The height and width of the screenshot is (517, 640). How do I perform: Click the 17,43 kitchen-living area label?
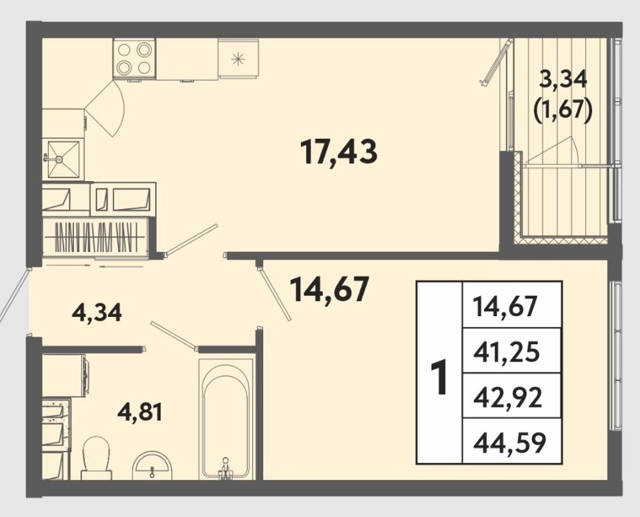click(x=338, y=152)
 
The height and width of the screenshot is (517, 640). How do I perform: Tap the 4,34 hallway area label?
click(x=97, y=313)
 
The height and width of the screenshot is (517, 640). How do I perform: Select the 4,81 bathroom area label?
click(x=140, y=412)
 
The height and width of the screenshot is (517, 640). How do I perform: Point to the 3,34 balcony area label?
click(x=563, y=79)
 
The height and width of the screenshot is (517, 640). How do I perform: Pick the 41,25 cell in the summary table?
click(x=506, y=352)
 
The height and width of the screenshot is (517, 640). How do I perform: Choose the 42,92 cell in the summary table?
click(x=508, y=397)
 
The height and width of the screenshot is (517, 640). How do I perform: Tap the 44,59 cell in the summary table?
click(x=509, y=442)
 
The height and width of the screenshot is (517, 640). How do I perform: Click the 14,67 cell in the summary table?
click(x=505, y=306)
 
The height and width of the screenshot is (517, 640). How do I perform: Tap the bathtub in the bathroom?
click(x=225, y=419)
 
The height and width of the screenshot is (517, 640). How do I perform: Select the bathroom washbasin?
click(x=152, y=465)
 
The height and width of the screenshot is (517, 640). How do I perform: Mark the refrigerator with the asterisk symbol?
click(x=239, y=58)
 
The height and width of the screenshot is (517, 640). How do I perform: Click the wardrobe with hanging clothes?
click(x=95, y=236)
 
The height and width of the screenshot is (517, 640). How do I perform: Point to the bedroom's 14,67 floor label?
click(x=329, y=289)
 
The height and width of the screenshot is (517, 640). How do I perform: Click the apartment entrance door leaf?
click(x=13, y=295)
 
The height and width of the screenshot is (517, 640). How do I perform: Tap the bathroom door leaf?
click(x=174, y=335)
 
